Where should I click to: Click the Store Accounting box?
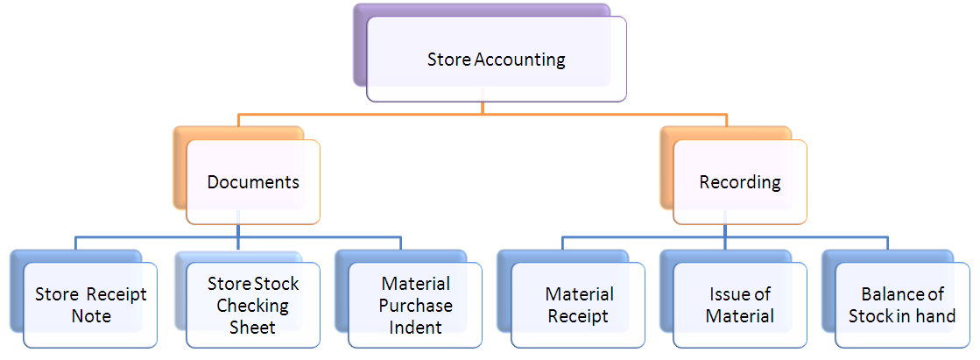(x=497, y=60)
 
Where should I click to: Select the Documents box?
(x=253, y=182)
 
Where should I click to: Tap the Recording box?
(x=740, y=182)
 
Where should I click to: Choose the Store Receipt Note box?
(x=91, y=305)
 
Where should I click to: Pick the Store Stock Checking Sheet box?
(x=253, y=305)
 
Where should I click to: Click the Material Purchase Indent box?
(x=416, y=305)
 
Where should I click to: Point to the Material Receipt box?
(x=579, y=305)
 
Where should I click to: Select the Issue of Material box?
(x=740, y=305)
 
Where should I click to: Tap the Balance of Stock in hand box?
(x=902, y=305)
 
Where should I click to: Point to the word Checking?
(x=253, y=306)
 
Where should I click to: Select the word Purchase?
(x=417, y=306)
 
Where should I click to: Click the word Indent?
(x=417, y=328)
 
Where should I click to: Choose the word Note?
(x=91, y=316)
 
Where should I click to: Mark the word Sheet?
(x=253, y=328)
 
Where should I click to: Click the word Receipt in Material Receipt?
(x=579, y=316)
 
